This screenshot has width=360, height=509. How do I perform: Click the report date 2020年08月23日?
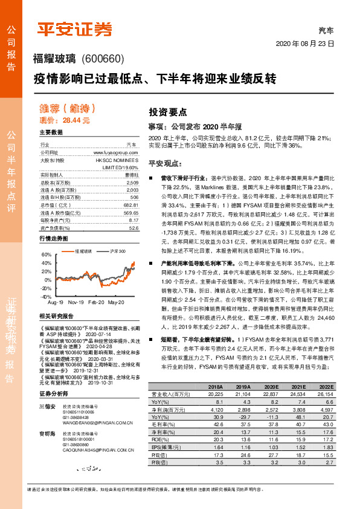pos(304,45)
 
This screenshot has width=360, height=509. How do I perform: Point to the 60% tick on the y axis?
pos(47,255)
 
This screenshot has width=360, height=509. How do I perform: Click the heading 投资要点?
pos(168,112)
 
